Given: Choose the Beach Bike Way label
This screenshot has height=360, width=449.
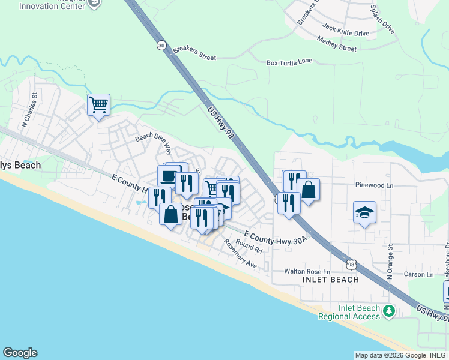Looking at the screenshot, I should (x=154, y=142).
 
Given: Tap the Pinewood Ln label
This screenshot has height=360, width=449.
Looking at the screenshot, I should (x=373, y=185).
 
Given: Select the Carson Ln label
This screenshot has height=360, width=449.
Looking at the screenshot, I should (x=418, y=274).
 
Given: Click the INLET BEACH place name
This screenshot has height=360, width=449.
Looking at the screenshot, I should (x=331, y=280).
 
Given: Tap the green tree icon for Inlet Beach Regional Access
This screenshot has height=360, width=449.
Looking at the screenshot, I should (x=390, y=311).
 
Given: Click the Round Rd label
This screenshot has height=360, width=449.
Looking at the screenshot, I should (x=249, y=245).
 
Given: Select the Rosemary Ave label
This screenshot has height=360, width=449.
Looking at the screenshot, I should (x=240, y=254).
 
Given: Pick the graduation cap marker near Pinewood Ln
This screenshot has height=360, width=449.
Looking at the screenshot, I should (x=364, y=213).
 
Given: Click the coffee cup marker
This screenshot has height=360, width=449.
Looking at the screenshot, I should (x=168, y=176).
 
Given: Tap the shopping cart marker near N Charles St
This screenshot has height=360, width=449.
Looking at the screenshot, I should (x=98, y=105).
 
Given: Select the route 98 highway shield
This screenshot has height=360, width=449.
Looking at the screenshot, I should (x=352, y=264).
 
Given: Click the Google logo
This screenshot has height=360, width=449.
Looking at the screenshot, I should (x=20, y=353).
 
